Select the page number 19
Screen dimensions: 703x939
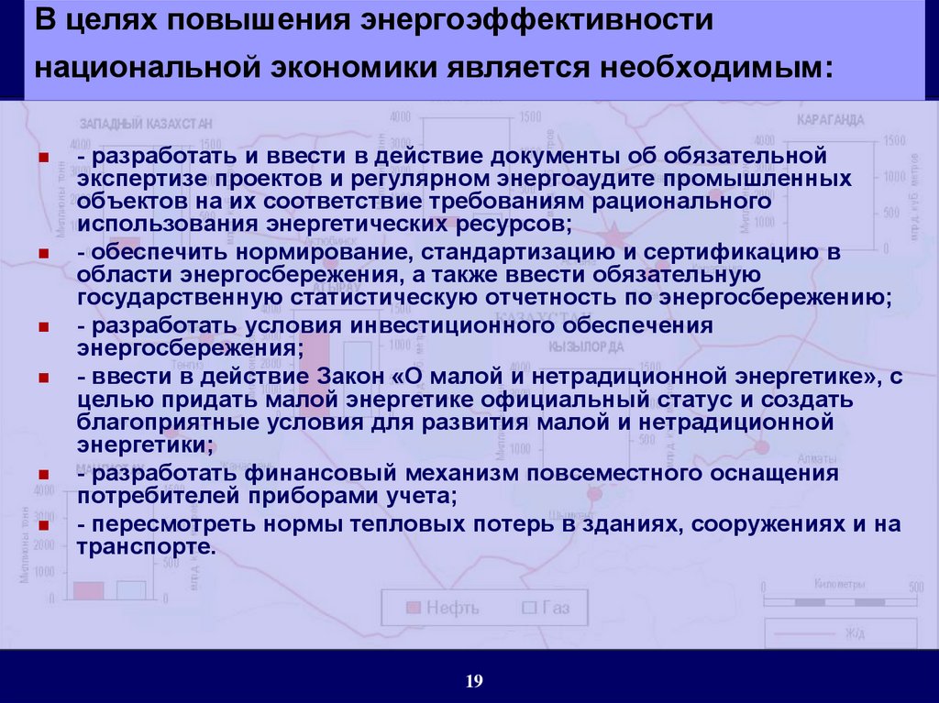(x=474, y=680)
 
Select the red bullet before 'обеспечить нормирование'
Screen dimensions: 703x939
(x=43, y=253)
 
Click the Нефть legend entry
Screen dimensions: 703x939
(x=443, y=608)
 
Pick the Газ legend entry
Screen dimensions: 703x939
(x=546, y=608)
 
